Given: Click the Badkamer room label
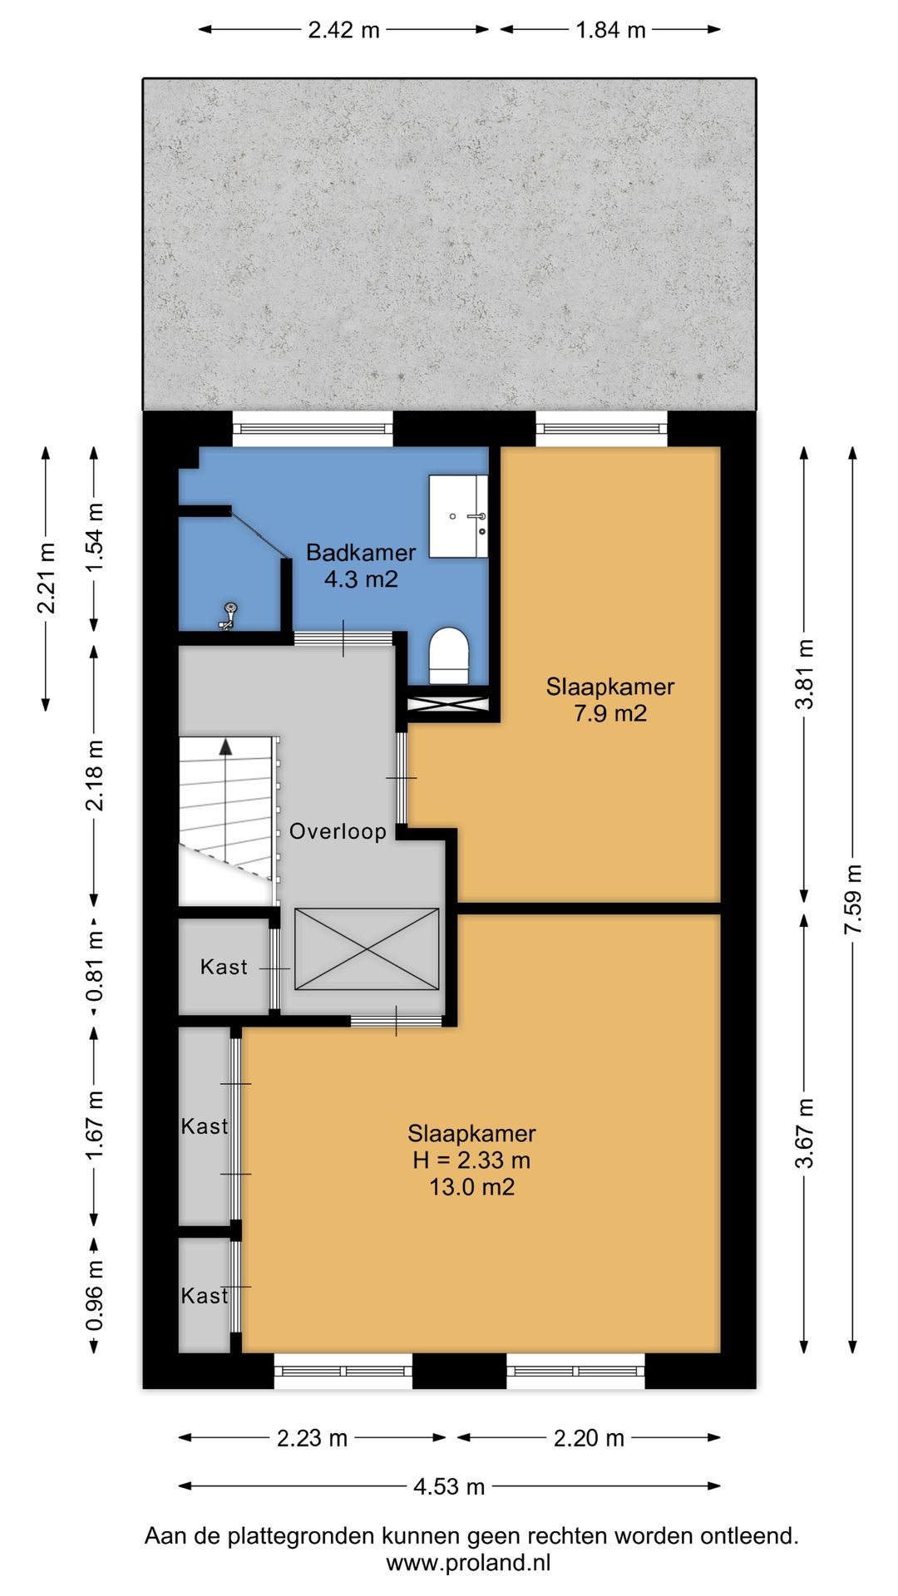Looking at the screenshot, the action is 361,553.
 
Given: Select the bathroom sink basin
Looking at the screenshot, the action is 458,516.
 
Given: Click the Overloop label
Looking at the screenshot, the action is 338,831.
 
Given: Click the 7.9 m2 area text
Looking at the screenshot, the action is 610,713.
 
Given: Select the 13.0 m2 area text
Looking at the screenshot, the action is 471,1187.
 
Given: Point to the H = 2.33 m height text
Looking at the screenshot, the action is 471,1160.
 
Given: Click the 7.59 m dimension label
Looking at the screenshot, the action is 853,899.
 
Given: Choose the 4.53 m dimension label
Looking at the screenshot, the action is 449,1486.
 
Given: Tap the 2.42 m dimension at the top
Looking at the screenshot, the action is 343,30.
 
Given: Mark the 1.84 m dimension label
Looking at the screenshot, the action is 611,30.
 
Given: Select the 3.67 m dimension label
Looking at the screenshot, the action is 805,1133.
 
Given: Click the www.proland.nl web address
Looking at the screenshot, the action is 468,1563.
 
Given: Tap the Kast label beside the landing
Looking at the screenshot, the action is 224,967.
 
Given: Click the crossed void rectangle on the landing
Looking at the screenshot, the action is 367,949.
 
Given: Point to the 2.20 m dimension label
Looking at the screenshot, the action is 589,1438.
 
